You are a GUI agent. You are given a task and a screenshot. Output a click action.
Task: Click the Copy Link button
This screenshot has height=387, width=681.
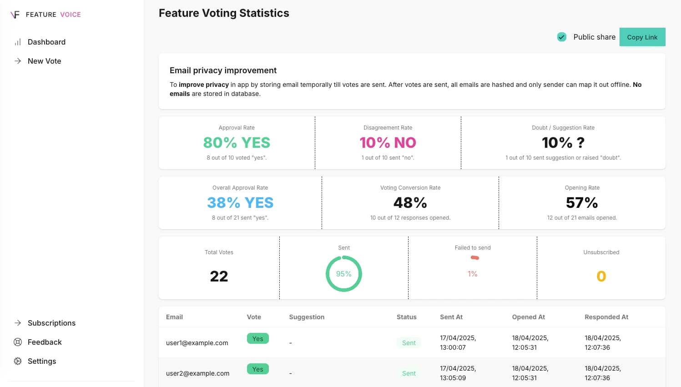click(x=642, y=37)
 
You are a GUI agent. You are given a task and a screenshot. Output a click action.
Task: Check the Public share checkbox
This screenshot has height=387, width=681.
click(x=562, y=37)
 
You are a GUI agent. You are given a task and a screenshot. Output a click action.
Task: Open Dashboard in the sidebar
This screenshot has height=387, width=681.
click(x=46, y=42)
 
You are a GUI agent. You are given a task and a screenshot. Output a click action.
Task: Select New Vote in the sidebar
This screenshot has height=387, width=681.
click(x=44, y=61)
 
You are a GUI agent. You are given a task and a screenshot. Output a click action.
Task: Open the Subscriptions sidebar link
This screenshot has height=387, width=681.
click(x=51, y=323)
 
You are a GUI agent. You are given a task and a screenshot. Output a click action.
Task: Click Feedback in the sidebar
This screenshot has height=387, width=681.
click(x=45, y=342)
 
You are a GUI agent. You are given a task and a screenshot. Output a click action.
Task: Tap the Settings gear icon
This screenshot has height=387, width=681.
click(x=18, y=361)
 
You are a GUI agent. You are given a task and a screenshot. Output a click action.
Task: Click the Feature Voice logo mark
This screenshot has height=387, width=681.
click(x=15, y=15)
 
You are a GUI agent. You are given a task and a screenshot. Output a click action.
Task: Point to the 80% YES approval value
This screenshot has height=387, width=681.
click(x=237, y=143)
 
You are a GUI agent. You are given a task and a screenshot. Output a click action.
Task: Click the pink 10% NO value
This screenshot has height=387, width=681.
click(x=388, y=143)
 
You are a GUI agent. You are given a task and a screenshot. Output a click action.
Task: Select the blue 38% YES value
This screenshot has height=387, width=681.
click(x=240, y=203)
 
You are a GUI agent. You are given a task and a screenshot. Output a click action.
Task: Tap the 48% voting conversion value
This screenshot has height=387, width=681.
click(x=410, y=203)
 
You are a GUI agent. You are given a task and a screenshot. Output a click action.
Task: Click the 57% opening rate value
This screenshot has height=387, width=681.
click(x=582, y=203)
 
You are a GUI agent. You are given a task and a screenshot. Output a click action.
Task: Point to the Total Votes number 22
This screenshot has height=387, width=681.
click(x=219, y=276)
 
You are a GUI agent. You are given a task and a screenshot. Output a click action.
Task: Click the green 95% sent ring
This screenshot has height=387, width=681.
click(x=343, y=274)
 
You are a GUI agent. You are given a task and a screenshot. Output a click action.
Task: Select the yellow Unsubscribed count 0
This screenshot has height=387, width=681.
click(x=601, y=276)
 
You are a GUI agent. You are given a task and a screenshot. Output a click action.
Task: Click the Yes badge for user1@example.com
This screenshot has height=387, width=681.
click(x=257, y=338)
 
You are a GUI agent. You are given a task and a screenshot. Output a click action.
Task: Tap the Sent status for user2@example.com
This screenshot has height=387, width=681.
click(x=409, y=373)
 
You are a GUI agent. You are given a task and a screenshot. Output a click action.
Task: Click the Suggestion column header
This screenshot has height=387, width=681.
click(x=307, y=317)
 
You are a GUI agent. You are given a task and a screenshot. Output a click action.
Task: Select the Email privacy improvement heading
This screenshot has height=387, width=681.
click(x=223, y=70)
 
